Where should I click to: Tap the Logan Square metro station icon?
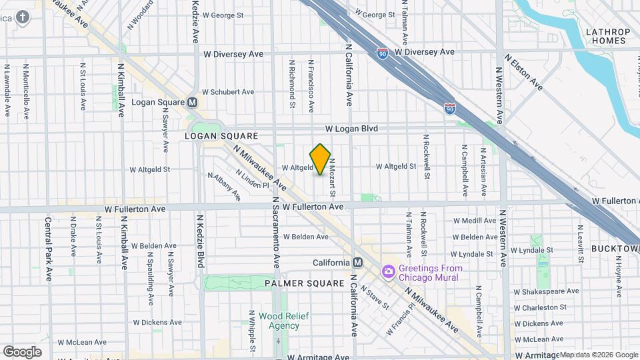click(193, 103)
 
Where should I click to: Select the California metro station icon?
click(357, 262)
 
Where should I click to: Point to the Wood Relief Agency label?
click(284, 321)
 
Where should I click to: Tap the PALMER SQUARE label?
click(295, 283)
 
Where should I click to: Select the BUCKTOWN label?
click(615, 248)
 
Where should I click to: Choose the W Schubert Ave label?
click(228, 92)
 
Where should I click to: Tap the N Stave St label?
click(374, 297)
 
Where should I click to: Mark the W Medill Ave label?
click(475, 221)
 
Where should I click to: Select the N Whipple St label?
click(251, 331)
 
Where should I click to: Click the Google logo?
click(22, 351)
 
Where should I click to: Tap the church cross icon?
click(23, 17)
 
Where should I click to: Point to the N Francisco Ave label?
click(311, 86)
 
